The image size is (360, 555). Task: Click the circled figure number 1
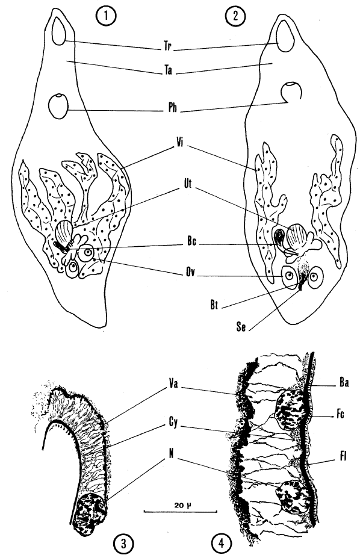point(106,17)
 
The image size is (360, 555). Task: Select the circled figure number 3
point(123,544)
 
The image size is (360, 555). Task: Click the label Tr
point(167,46)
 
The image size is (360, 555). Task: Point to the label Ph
point(172,108)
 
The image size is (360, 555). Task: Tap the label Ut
point(187,184)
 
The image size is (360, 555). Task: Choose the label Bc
point(191,242)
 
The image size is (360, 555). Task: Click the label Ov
point(190,273)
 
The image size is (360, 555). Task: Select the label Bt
point(214,305)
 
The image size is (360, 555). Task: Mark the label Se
point(241,327)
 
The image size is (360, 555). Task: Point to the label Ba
point(344,382)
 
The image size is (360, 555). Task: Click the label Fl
point(343,457)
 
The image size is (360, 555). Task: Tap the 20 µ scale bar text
point(180,505)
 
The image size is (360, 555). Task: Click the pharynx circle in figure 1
point(57,106)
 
